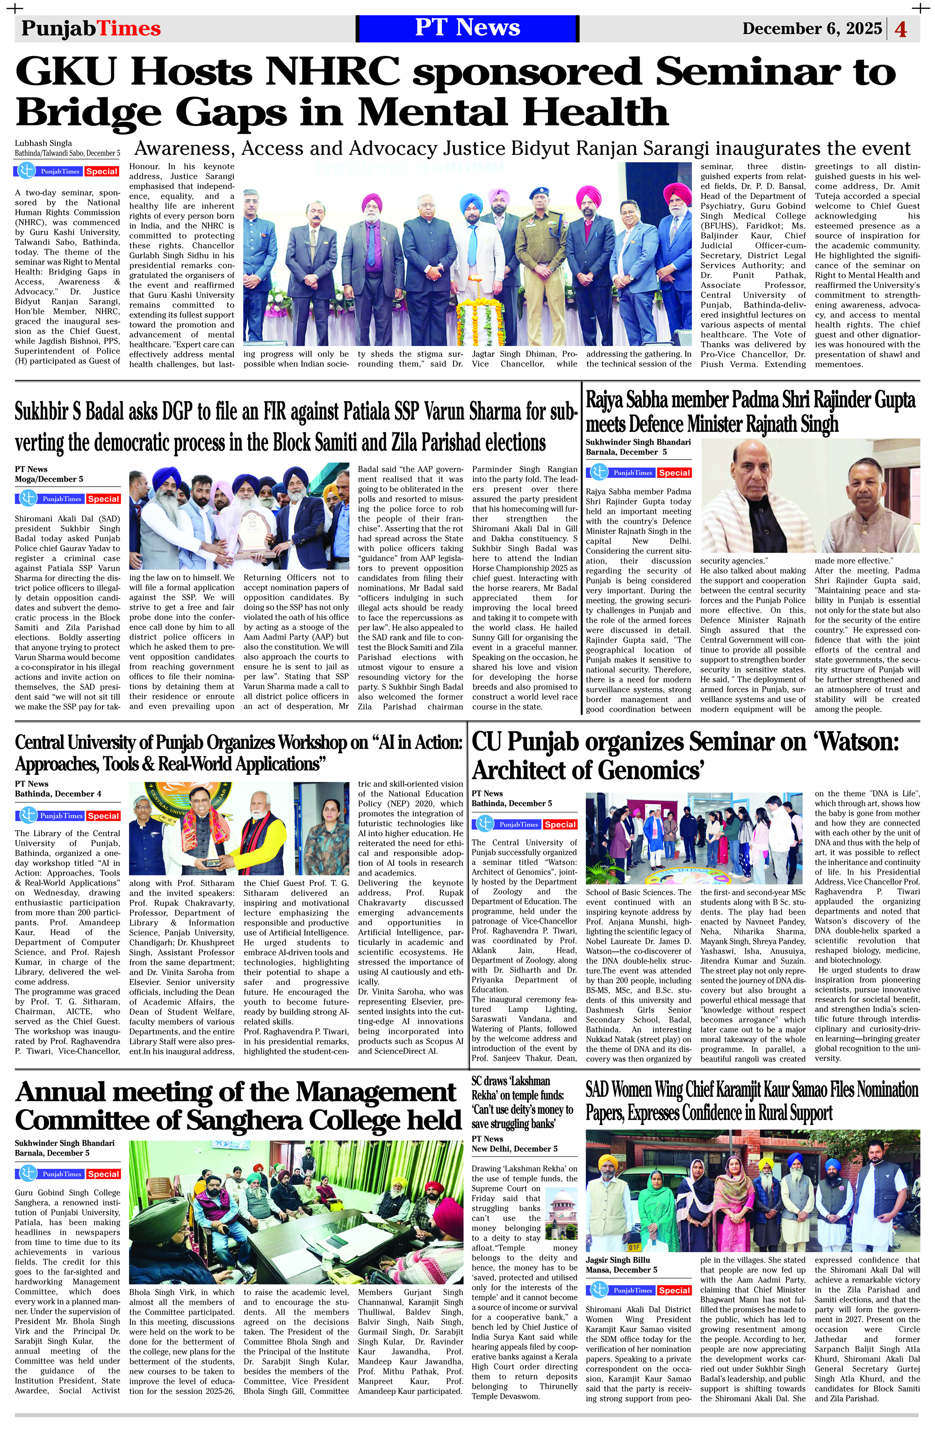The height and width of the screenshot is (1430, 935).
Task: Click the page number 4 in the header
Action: (x=901, y=29)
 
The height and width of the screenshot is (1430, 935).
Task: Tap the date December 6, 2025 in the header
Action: (x=812, y=28)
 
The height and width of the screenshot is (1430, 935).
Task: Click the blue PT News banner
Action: (x=467, y=28)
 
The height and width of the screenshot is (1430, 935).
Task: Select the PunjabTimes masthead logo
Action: (x=91, y=28)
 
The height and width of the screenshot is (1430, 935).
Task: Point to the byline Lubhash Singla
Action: (x=43, y=143)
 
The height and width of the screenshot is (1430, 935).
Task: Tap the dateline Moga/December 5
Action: (x=49, y=479)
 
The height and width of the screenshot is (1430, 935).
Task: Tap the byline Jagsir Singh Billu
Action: (x=618, y=1260)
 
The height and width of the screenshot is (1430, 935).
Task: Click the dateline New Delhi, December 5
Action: (x=514, y=1148)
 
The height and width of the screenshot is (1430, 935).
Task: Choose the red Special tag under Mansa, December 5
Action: (x=674, y=1290)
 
